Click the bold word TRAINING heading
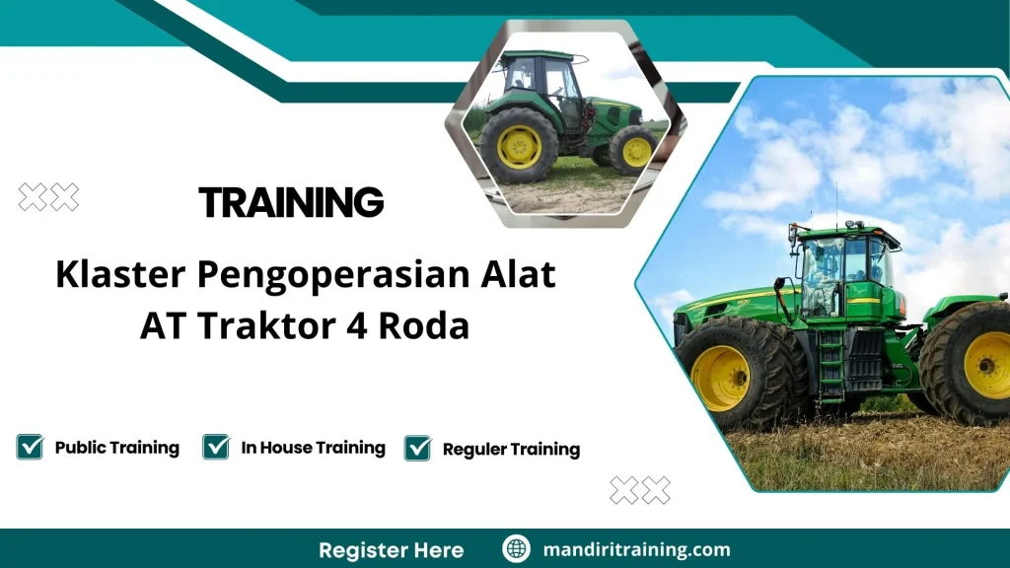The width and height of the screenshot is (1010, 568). coord(291,202)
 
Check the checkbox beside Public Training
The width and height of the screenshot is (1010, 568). coord(30,448)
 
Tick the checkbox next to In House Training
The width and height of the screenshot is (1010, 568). coord(216,448)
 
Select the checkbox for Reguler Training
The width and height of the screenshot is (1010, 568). coord(418,449)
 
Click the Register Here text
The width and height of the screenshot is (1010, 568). coord(391,549)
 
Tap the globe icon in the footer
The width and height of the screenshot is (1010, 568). coord(516,549)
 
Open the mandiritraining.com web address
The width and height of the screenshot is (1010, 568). coord(636,549)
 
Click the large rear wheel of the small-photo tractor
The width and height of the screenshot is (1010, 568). coord(519,146)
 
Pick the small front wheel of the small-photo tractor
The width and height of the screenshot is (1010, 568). coord(634,150)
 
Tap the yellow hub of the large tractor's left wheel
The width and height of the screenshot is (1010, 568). coord(720,378)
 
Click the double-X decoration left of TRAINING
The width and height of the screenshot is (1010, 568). coord(48,198)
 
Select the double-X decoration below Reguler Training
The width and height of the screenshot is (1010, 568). coord(640,490)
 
